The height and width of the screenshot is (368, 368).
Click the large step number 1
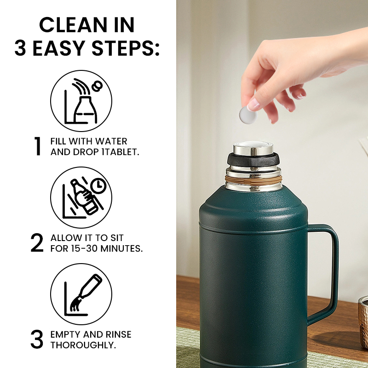coord(38,146)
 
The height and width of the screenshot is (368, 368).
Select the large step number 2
coord(37,243)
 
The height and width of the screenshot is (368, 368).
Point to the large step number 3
coord(37,339)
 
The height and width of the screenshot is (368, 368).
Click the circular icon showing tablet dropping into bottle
coord(81,101)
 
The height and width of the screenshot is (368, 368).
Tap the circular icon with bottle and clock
coord(81,197)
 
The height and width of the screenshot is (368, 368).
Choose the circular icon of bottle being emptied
coord(81,294)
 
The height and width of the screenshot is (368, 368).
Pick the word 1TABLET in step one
coord(121,151)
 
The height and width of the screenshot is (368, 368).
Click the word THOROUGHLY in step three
coord(82,345)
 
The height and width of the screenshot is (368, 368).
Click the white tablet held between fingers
coord(248,115)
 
